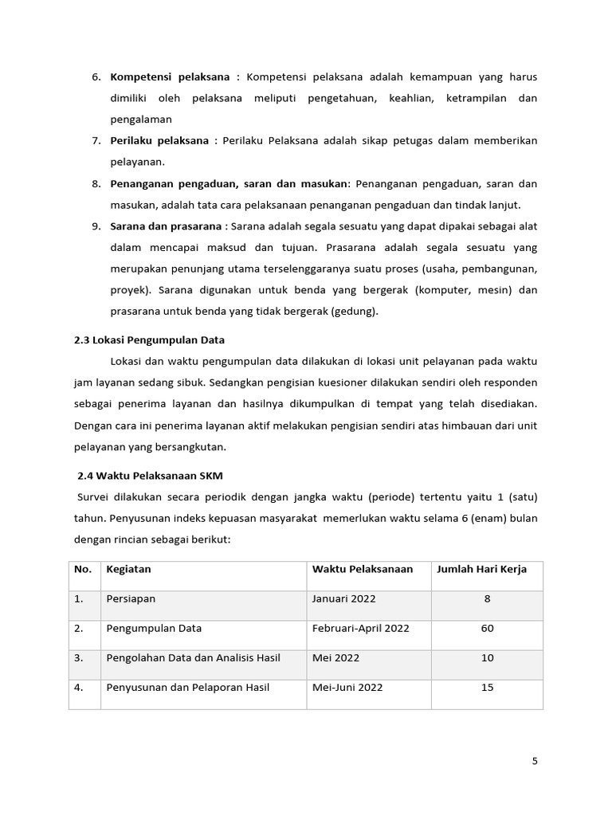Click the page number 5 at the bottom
(x=535, y=761)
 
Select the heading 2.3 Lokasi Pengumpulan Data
(x=149, y=339)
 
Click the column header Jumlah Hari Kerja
(x=487, y=569)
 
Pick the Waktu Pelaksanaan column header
(x=362, y=569)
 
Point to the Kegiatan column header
(x=128, y=569)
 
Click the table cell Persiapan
(x=131, y=598)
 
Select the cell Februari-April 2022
(x=360, y=628)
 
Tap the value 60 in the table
(x=487, y=628)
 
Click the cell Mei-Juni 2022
(x=347, y=687)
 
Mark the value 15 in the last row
(x=487, y=687)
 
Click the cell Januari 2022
(x=343, y=598)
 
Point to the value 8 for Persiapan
(x=487, y=598)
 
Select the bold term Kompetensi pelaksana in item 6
(x=170, y=77)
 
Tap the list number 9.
(x=95, y=226)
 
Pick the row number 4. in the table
(x=79, y=687)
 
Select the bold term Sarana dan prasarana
(x=166, y=226)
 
